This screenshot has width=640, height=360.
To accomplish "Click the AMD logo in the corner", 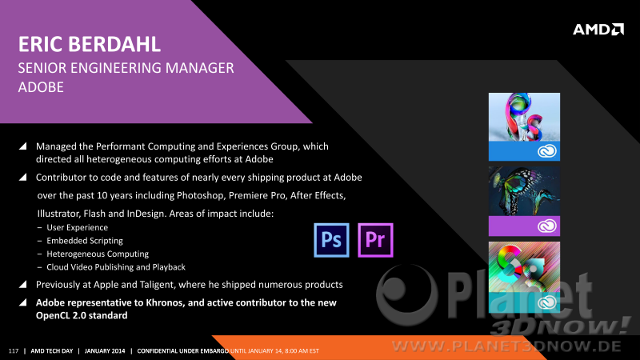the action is tap(598, 30).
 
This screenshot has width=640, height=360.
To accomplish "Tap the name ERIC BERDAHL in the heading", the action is tap(90, 44).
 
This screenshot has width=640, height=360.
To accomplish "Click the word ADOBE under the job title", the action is tap(41, 87).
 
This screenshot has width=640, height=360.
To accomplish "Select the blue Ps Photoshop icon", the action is tap(331, 240).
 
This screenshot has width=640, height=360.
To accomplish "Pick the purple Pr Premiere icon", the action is tap(375, 240).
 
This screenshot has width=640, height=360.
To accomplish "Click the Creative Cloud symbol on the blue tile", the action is tap(547, 151).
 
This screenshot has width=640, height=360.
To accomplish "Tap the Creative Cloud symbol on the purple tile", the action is tap(547, 226).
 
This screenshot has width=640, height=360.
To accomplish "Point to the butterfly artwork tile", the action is tap(524, 191).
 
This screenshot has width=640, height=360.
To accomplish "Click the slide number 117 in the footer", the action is tap(14, 351).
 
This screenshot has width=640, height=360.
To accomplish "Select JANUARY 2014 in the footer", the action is tap(105, 351).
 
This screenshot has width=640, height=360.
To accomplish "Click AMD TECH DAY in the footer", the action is tap(52, 351).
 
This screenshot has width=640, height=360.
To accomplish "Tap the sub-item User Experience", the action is tap(77, 227).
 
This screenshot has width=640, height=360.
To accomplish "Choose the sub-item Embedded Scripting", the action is tap(85, 241).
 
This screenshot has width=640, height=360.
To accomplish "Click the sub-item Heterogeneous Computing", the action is tap(98, 254).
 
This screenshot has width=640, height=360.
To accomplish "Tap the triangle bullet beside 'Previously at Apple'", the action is tap(23, 284).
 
